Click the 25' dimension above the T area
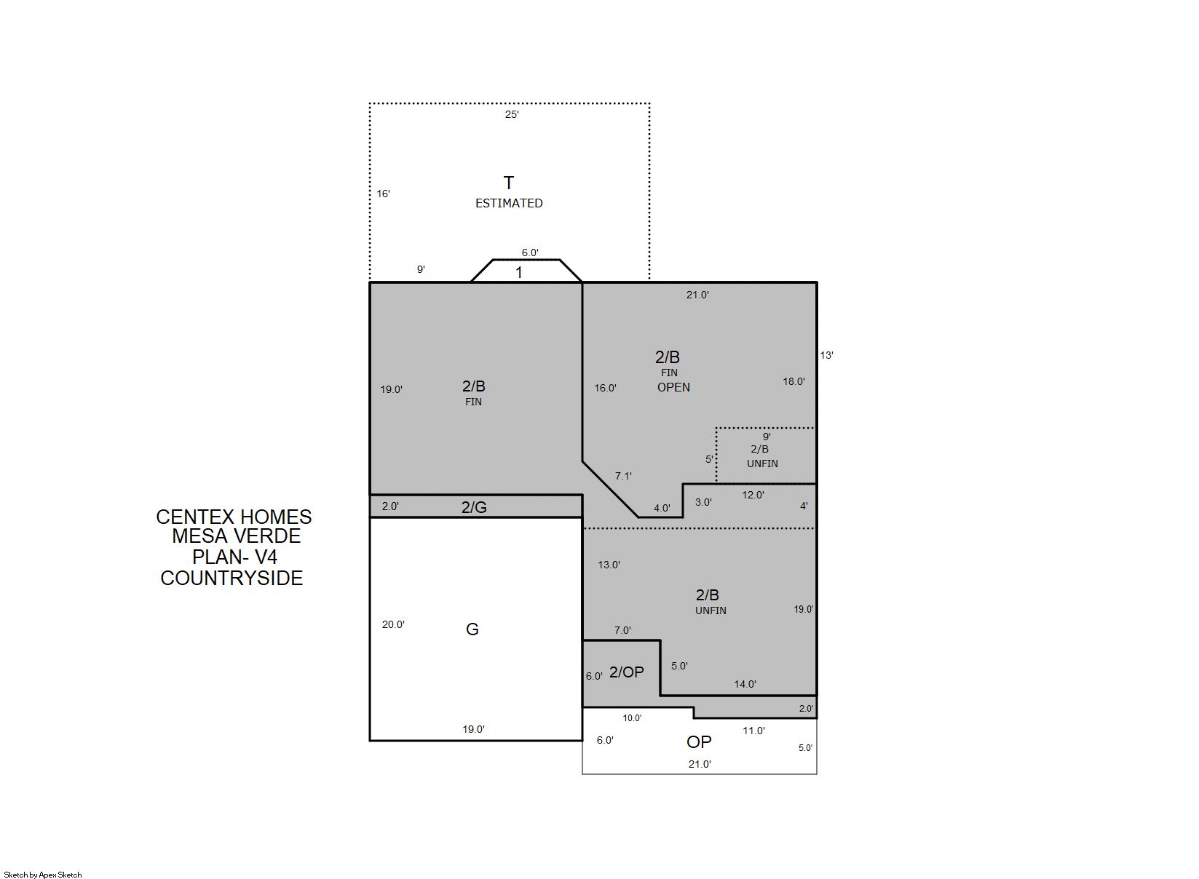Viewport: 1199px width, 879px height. [512, 114]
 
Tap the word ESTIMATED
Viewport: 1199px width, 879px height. [509, 203]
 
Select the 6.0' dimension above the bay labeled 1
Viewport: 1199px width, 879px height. [530, 252]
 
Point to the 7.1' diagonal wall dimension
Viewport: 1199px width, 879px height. [623, 476]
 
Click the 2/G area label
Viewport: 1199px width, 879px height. [474, 507]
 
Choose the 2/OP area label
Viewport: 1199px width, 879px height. [626, 672]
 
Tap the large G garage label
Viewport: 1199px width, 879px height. [472, 629]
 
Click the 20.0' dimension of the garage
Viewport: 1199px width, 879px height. [393, 624]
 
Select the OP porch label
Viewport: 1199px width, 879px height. [699, 741]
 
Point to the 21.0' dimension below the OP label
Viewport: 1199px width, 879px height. [700, 764]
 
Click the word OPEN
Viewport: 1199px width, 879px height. [673, 387]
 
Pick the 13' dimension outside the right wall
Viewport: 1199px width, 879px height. [826, 355]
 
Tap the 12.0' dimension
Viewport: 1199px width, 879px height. [753, 495]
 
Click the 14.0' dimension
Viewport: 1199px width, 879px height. [745, 684]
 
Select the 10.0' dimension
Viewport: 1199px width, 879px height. [632, 718]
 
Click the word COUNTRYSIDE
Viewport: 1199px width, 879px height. [232, 578]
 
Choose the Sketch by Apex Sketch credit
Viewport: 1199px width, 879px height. [43, 875]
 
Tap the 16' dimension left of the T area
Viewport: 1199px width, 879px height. [383, 194]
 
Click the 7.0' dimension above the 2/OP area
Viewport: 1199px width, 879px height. [622, 630]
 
